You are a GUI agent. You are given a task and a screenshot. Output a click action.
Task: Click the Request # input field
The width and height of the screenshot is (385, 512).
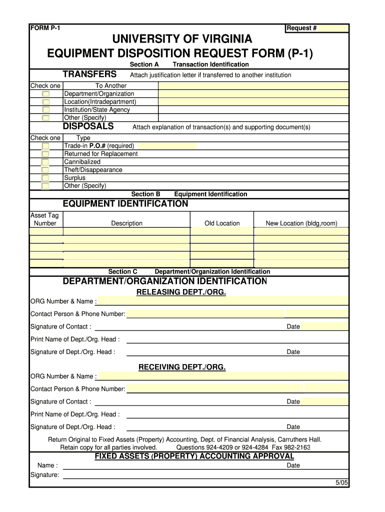333,28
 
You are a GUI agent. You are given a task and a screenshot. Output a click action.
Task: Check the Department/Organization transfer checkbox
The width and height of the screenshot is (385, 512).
45,94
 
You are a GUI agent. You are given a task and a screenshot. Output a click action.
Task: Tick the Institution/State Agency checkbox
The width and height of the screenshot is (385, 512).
45,110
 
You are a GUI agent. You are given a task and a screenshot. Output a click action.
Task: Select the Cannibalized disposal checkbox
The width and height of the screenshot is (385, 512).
45,162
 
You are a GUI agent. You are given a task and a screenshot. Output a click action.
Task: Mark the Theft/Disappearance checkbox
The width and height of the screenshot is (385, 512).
45,170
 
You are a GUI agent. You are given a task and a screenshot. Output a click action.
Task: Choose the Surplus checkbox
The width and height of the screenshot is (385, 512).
45,178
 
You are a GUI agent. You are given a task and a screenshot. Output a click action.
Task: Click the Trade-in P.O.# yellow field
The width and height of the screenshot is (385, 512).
167,146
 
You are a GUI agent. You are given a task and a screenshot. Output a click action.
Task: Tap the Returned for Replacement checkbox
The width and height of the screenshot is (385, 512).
45,154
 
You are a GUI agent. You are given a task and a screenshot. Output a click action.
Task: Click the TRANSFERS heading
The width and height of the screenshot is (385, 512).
89,74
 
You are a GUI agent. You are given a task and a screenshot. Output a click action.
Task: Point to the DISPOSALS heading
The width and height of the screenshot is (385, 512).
88,126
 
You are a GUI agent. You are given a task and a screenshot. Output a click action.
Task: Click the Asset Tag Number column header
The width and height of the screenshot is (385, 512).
45,219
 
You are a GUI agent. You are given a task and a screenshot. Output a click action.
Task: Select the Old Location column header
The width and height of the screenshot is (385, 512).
222,223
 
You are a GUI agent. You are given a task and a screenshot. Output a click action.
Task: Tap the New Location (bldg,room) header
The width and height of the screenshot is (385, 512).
301,223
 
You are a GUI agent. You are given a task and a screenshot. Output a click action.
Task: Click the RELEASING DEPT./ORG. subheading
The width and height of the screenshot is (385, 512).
181,292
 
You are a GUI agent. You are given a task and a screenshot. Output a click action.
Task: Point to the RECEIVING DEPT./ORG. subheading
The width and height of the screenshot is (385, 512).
182,367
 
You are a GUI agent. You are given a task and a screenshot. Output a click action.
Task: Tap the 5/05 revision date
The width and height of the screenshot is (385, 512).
341,482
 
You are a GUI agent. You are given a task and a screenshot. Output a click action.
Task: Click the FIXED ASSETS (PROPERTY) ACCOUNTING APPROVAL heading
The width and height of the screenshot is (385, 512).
194,456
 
